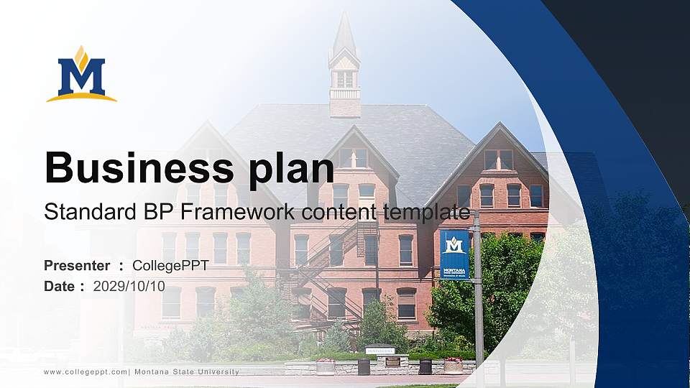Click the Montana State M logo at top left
coord(81,75)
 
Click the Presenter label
coord(77,266)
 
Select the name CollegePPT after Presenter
coord(170,266)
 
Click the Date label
coord(59,286)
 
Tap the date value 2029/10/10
coord(129,286)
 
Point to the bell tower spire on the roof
coord(344,40)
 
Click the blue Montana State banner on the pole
coord(454,255)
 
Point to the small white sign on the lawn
coord(379,351)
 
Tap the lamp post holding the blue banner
coord(478,302)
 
